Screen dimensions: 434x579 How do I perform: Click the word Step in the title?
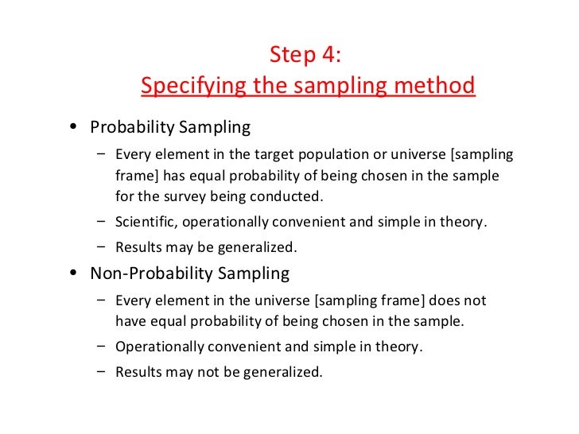tap(289, 56)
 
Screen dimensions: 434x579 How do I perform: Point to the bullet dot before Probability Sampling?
tap(74, 128)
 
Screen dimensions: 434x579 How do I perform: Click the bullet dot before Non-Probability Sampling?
tap(74, 274)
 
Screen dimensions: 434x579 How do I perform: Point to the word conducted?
tap(294, 196)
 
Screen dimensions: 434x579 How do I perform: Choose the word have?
tap(130, 321)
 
